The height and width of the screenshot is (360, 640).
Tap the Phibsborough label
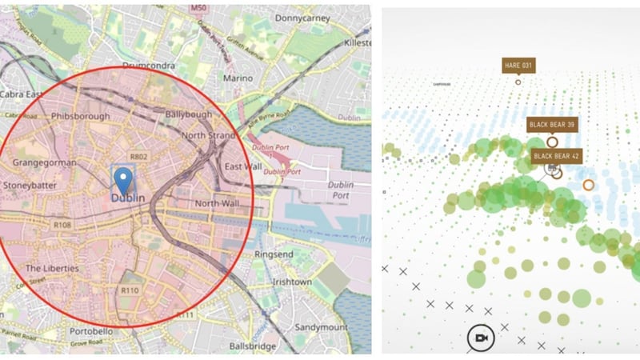(x=78, y=116)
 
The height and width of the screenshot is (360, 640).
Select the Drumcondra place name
(x=150, y=65)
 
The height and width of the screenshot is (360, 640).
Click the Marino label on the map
(x=238, y=78)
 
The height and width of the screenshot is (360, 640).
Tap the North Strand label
(x=207, y=135)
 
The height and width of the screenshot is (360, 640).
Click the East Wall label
(x=243, y=166)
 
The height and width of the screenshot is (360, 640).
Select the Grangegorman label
(x=45, y=162)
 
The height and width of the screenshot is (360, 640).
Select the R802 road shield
(x=140, y=158)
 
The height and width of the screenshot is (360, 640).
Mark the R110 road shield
(x=130, y=290)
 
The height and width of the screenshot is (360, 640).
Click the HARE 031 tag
(x=518, y=65)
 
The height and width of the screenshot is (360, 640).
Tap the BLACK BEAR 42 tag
(x=557, y=155)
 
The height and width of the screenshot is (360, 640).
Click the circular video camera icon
(x=481, y=338)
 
